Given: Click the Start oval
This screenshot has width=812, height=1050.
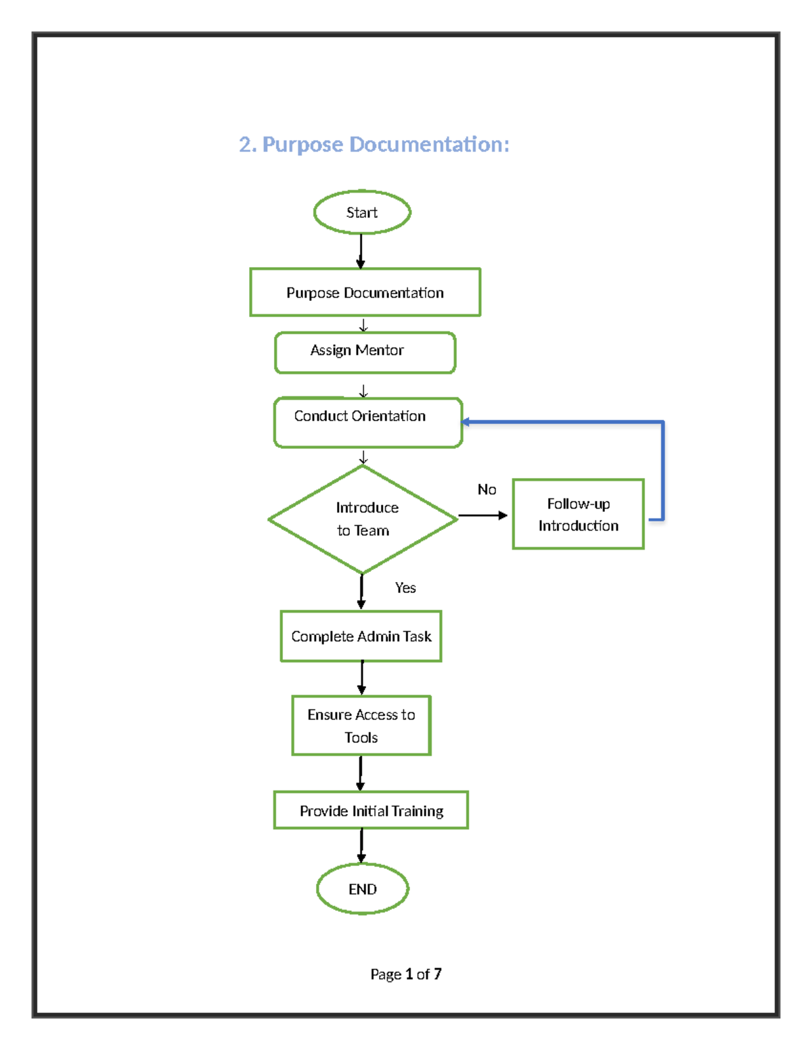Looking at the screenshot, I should coord(362,212).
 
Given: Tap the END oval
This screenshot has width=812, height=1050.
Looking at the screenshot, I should coord(363,889).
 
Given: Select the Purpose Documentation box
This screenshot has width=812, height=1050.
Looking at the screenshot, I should coord(365,292).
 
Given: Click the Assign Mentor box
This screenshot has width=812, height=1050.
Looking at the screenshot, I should coord(365,352).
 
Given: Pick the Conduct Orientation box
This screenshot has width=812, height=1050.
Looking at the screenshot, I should coord(367,423).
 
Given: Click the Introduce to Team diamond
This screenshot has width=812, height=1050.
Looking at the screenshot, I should coord(363,519).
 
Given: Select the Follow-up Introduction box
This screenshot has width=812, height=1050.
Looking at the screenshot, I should coord(578,515).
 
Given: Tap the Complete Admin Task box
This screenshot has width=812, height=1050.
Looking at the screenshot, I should coord(361,636).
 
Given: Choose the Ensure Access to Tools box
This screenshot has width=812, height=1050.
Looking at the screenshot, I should coord(361,725).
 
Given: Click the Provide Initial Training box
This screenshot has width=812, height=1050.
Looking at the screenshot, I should coord(371,810).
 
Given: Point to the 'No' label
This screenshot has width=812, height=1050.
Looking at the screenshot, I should coord(487,490).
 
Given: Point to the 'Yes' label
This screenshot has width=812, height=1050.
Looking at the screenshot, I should coord(405,588).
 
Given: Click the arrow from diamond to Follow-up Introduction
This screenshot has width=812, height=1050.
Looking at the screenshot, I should coord(482,515).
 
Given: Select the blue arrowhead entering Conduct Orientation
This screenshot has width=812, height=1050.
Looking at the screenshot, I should coord(466,422).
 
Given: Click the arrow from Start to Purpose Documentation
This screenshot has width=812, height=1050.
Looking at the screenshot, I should coord(361,251).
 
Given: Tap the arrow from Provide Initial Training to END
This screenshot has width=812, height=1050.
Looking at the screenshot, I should coord(361,846).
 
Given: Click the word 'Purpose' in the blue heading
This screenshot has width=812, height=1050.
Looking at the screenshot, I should coord(302,145).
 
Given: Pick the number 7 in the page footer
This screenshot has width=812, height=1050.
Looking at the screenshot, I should coord(438,974).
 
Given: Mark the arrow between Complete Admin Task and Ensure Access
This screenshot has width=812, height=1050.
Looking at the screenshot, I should coord(361,678).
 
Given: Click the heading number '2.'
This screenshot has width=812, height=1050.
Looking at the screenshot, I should coord(248,145).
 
